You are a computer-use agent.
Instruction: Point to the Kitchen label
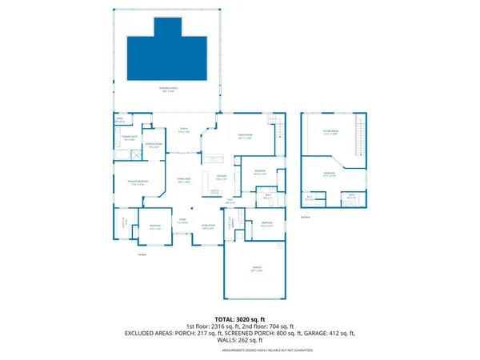(221, 178)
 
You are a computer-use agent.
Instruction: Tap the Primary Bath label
(126, 139)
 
